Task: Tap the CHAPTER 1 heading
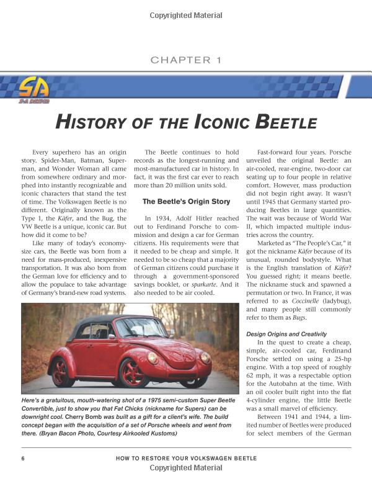(186, 60)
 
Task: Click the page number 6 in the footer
(23, 459)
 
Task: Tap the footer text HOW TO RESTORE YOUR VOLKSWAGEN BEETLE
(186, 459)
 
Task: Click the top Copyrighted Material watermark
(186, 16)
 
